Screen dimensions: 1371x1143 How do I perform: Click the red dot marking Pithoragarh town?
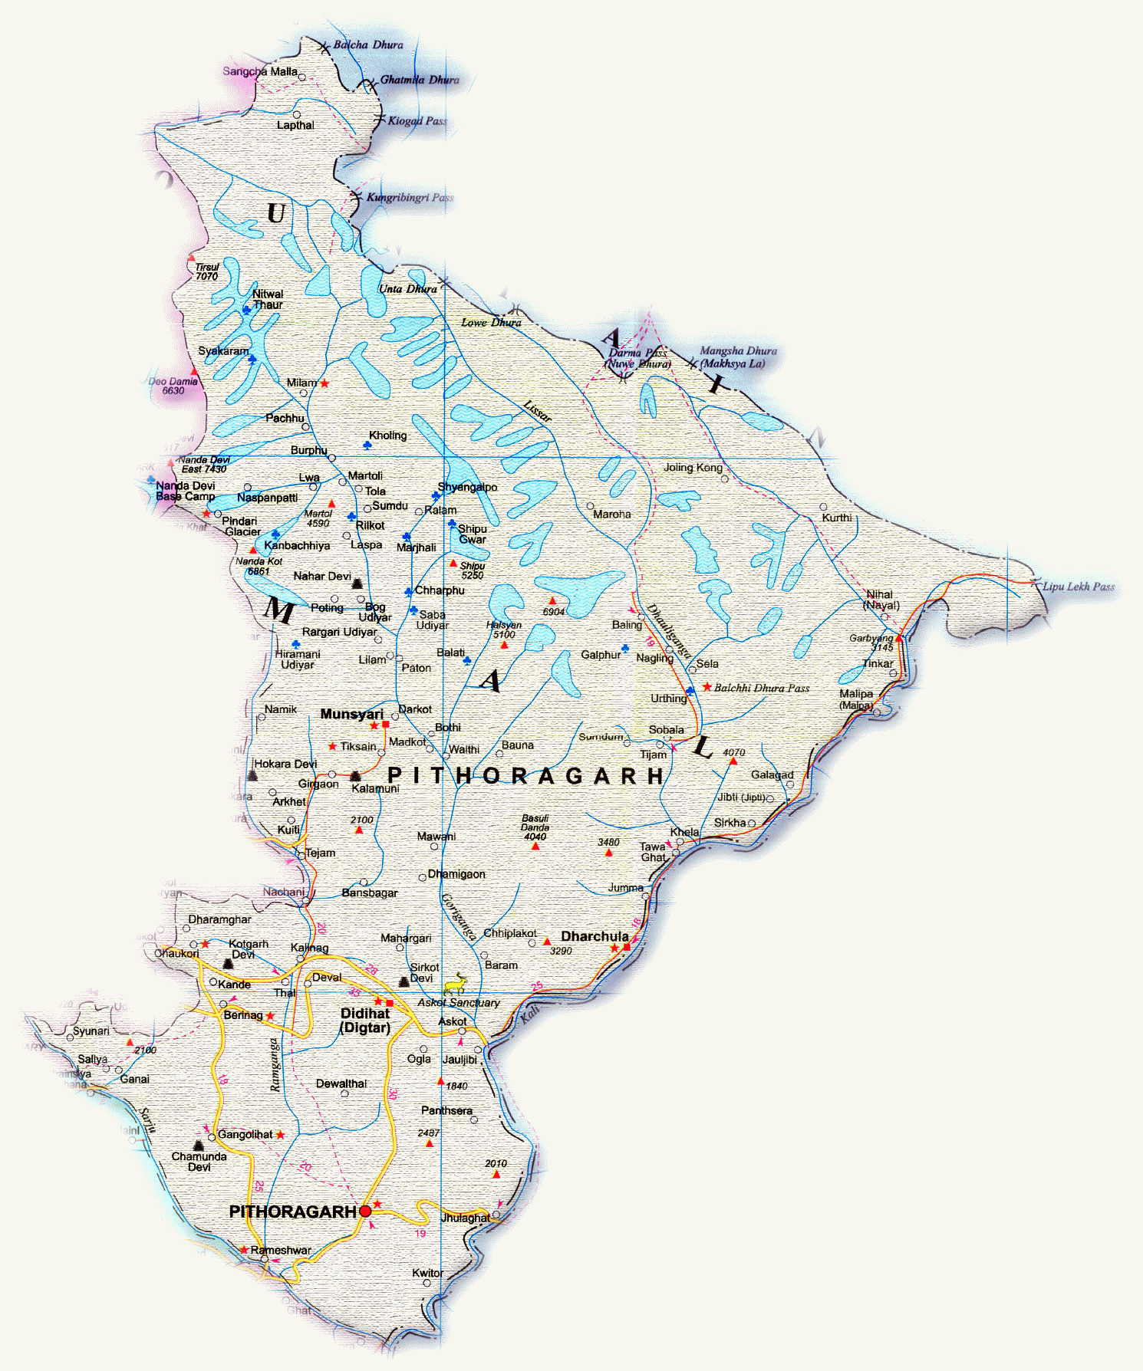(366, 1212)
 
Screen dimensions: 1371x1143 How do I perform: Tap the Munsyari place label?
(351, 714)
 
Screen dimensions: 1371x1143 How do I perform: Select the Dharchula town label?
(595, 936)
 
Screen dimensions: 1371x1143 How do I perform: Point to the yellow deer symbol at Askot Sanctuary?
(456, 983)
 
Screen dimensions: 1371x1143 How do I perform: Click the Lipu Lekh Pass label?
(1078, 587)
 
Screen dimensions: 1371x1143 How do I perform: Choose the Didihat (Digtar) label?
(365, 1021)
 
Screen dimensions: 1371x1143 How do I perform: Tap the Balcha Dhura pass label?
(368, 44)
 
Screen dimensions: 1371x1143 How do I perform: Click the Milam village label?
(301, 383)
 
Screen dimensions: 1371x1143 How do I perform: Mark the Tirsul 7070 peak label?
(206, 271)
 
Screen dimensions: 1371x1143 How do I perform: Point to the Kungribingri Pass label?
(410, 198)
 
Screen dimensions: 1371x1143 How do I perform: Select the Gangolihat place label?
(245, 1135)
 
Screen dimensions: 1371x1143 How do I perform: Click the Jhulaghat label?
(465, 1218)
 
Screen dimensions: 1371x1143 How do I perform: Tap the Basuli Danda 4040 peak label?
(535, 827)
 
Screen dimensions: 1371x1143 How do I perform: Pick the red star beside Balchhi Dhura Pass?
(707, 687)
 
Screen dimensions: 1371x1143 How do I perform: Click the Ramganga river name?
(275, 1064)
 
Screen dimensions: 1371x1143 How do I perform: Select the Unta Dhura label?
(408, 289)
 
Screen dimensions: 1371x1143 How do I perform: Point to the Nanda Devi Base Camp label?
(186, 491)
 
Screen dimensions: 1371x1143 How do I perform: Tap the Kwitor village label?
(427, 1273)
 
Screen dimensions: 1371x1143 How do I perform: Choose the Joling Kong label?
(693, 467)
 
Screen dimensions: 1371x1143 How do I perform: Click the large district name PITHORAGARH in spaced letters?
(525, 776)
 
